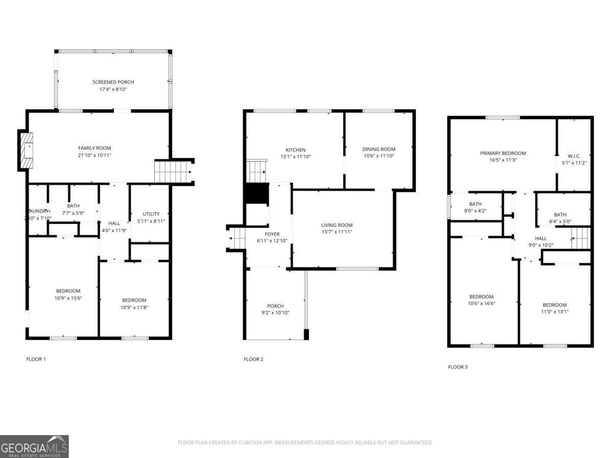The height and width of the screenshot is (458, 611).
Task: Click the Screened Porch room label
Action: click(113, 82)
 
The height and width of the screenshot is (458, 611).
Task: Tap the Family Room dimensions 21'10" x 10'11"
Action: click(94, 155)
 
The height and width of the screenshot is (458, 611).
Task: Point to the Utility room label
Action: click(151, 214)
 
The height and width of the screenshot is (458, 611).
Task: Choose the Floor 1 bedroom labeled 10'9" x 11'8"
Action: click(134, 303)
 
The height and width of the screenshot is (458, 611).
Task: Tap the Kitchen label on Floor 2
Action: click(295, 150)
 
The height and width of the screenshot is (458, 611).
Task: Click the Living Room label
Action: click(337, 225)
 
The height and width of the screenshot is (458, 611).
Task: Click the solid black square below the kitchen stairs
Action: click(257, 193)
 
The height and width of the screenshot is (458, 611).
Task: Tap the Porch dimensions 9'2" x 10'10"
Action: click(275, 313)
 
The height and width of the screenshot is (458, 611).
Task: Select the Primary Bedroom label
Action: click(503, 153)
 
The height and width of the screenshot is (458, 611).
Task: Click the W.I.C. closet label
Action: click(574, 156)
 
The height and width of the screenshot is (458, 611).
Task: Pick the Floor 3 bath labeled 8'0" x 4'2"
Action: click(475, 207)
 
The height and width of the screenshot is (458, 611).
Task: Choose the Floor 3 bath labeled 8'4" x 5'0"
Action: click(560, 218)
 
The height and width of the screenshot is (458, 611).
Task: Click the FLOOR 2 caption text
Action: click(254, 359)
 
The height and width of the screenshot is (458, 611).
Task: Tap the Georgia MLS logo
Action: click(34, 446)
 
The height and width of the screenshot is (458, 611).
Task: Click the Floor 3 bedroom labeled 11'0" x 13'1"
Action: click(554, 308)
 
